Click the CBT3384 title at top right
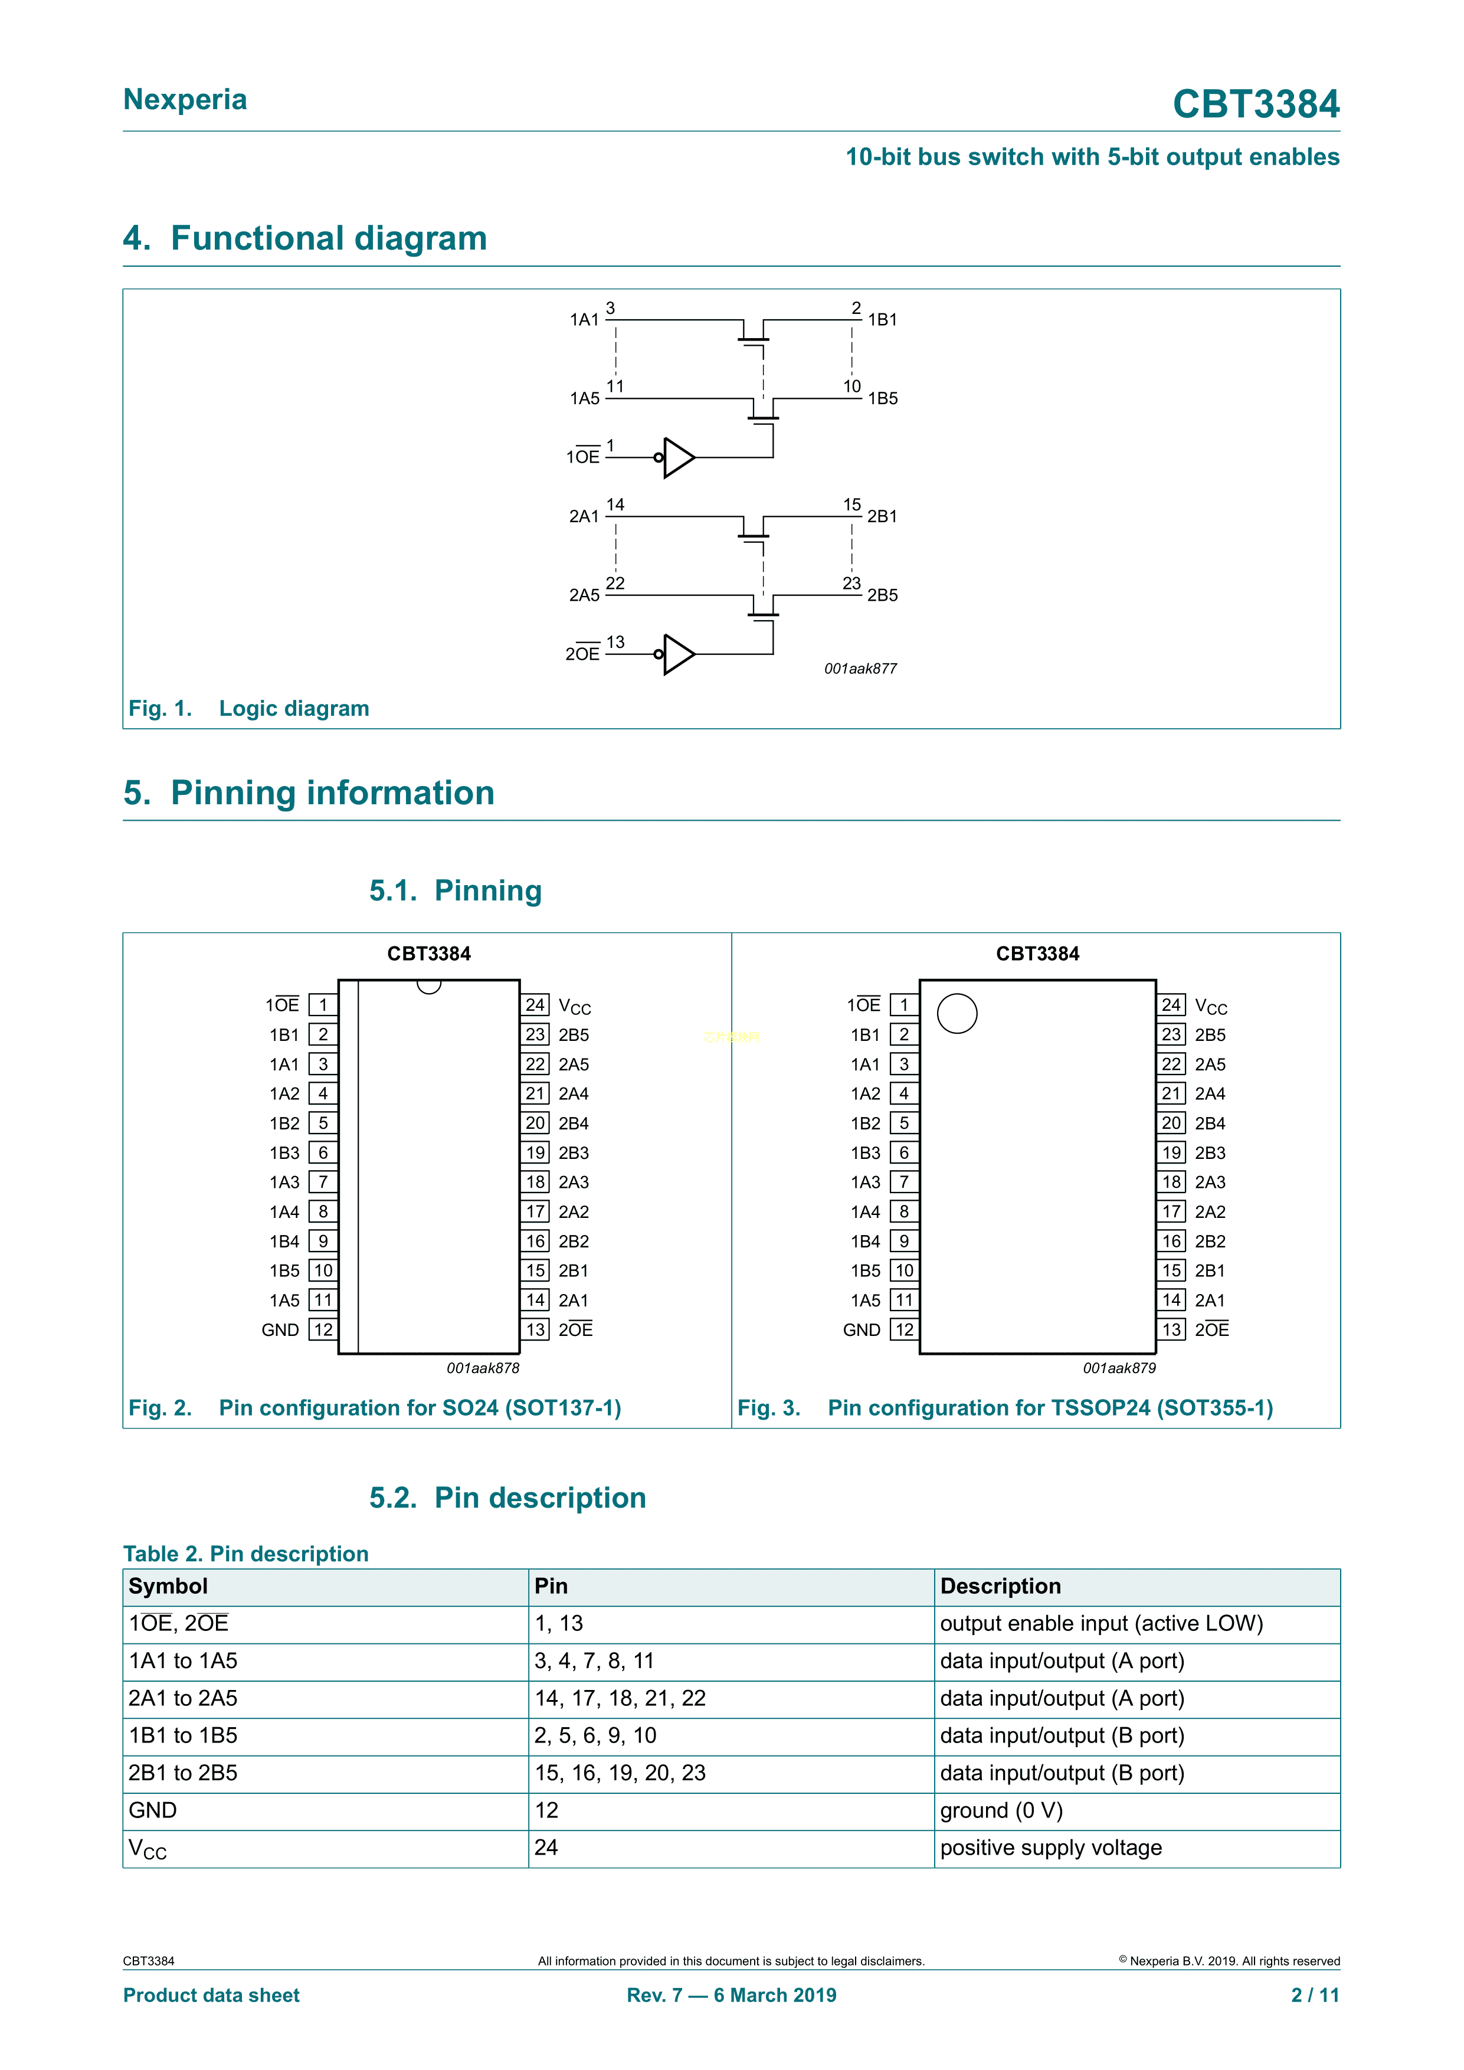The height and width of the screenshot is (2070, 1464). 1255,104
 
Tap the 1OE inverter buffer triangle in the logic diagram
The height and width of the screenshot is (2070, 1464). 678,457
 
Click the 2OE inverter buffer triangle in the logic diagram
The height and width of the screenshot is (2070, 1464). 678,654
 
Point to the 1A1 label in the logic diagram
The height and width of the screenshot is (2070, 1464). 584,320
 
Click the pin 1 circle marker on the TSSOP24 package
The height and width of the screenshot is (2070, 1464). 957,1013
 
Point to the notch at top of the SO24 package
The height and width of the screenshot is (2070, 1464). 429,986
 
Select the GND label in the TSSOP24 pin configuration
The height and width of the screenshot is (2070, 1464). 861,1330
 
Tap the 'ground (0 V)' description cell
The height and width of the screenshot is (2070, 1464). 1001,1810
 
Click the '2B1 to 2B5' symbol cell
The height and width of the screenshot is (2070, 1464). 183,1773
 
